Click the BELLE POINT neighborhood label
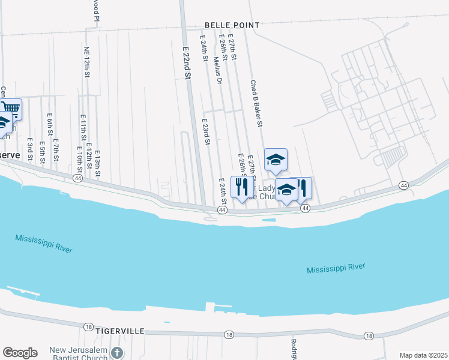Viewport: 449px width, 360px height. click(232, 25)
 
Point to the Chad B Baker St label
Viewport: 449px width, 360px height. click(257, 104)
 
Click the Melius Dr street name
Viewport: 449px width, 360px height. click(218, 69)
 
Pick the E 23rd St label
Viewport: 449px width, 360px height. click(205, 131)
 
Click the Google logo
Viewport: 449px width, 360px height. click(20, 352)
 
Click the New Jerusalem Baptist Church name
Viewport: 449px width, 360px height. click(79, 353)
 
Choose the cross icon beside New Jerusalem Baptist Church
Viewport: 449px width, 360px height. click(118, 353)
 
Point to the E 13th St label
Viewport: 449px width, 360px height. click(97, 164)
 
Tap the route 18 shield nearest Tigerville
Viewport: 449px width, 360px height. click(88, 326)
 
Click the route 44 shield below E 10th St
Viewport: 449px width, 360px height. click(77, 178)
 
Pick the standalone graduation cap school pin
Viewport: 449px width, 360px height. click(276, 159)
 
